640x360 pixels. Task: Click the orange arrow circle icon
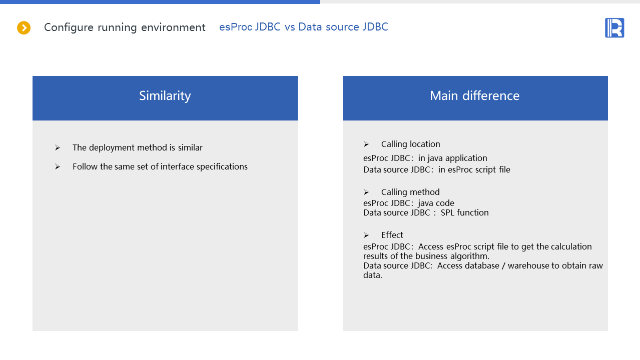point(24,27)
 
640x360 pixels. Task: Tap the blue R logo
point(614,27)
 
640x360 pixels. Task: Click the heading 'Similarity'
point(165,96)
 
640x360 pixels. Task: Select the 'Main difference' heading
point(474,95)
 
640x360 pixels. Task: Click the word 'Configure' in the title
point(69,27)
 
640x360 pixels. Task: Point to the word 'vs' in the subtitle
point(289,27)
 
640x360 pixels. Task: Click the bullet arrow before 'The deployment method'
point(58,147)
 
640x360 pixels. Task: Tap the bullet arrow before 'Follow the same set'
point(58,166)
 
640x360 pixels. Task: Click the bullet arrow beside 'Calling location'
point(366,144)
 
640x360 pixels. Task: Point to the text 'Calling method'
point(410,192)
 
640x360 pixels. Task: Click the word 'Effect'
point(392,235)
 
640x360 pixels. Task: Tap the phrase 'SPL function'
point(464,212)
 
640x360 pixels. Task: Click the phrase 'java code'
point(436,203)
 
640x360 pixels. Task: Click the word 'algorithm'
point(469,256)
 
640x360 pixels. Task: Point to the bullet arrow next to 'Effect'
point(366,235)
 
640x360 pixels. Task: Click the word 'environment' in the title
point(173,27)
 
